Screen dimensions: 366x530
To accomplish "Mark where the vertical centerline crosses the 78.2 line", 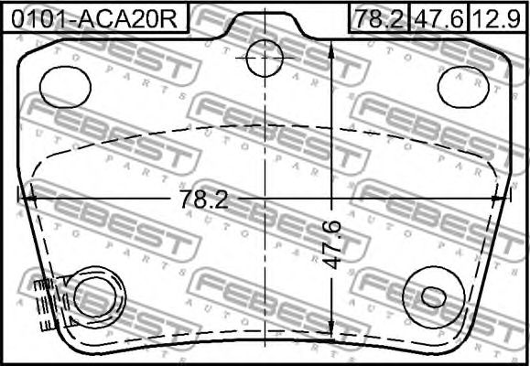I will pos(265,195).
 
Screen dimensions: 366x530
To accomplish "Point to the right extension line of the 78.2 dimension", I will pos(510,195).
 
